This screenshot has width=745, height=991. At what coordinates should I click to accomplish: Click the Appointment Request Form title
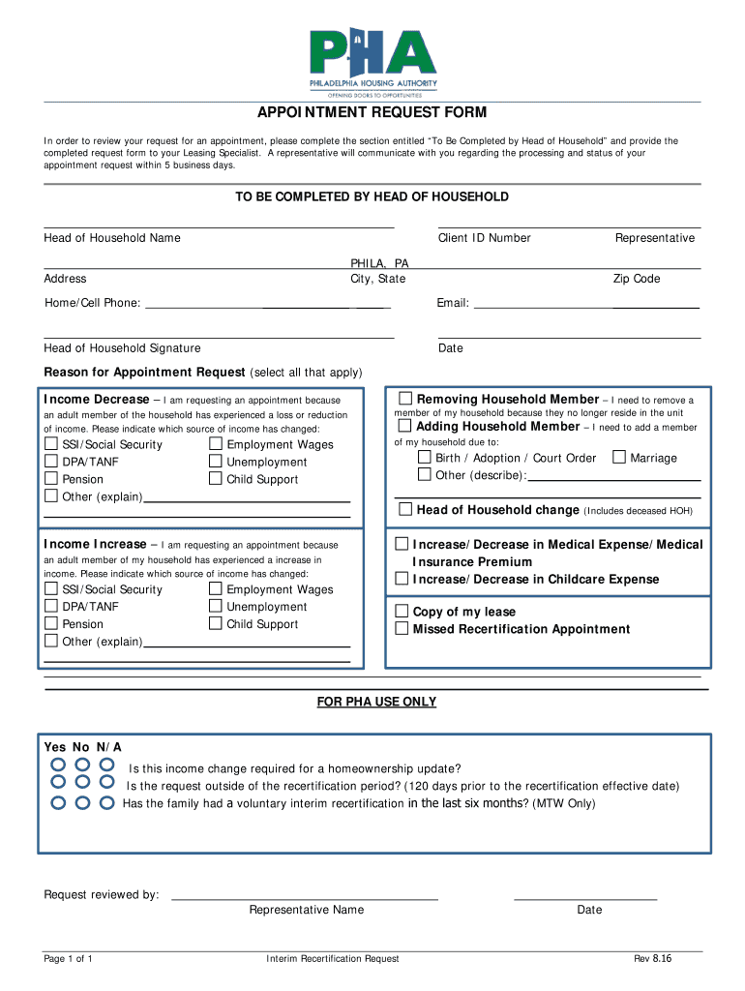click(372, 114)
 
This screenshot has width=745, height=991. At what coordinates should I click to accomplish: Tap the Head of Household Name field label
click(112, 238)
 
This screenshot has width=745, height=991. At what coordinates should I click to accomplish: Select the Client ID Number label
click(484, 238)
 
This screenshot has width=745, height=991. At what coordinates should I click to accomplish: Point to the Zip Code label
click(636, 279)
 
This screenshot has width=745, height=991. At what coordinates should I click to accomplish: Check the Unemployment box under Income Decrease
click(215, 462)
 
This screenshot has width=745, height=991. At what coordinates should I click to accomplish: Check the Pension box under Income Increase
click(50, 624)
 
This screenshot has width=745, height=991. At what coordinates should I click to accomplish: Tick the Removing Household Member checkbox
click(405, 399)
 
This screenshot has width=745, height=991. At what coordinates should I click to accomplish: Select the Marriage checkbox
click(620, 458)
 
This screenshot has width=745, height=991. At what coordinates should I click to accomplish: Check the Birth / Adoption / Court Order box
click(424, 458)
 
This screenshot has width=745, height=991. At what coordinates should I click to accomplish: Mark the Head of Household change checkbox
click(405, 509)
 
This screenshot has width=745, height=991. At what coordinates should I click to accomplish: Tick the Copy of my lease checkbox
click(402, 611)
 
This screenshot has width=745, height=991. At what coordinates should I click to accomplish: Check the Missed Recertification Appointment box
click(402, 628)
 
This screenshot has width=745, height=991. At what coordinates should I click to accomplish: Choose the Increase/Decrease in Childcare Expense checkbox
click(402, 579)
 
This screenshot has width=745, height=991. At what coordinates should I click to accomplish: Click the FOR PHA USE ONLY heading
click(376, 702)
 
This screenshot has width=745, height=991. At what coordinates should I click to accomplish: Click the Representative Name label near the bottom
click(306, 910)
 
